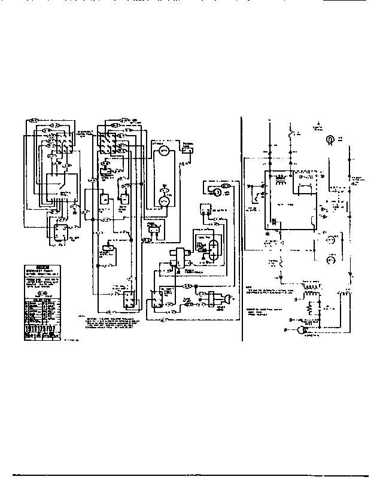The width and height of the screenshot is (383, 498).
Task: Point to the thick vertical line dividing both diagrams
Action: pyautogui.click(x=242, y=227)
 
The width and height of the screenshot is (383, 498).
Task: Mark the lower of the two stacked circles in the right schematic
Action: pyautogui.click(x=329, y=261)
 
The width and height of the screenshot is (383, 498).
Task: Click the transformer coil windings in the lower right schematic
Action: pyautogui.click(x=310, y=293)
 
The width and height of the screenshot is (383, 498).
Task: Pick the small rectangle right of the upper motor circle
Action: pyautogui.click(x=187, y=150)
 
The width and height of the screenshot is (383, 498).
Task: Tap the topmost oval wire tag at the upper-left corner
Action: pyautogui.click(x=34, y=120)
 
